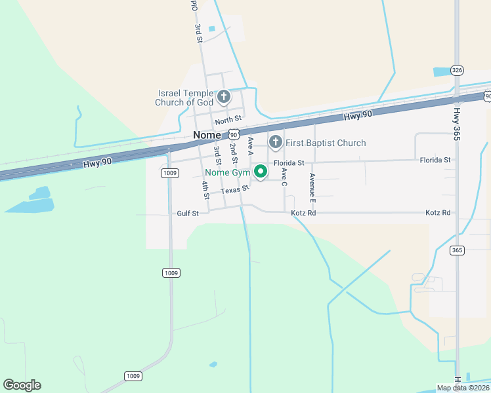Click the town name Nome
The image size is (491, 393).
210,135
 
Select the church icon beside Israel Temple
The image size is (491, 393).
223,98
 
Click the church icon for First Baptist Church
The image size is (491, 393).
276,141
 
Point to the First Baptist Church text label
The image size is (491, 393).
326,143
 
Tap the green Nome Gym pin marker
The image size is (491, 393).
261,172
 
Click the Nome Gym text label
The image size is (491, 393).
227,172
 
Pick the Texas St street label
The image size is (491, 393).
235,190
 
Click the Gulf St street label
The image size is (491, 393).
188,213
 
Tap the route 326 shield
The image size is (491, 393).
458,70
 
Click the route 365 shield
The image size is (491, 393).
457,250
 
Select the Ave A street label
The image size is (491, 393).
250,145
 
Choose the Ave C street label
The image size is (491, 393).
284,176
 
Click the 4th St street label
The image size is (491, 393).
205,191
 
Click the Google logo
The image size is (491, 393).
22,385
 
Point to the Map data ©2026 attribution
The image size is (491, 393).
463,388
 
